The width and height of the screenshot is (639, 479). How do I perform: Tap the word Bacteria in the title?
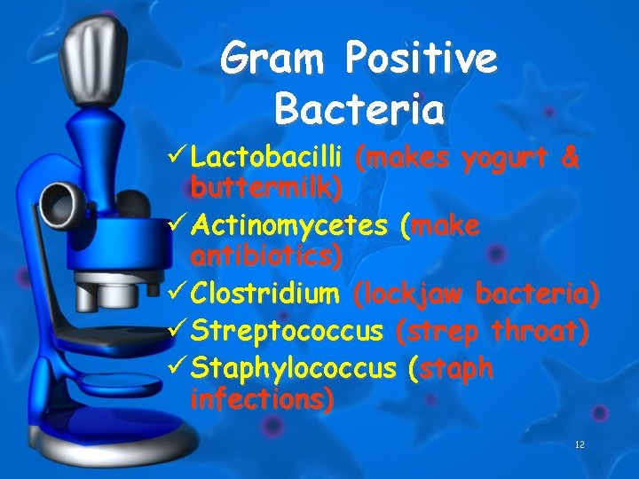tap(359, 111)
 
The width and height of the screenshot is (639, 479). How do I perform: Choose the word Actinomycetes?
tap(290, 226)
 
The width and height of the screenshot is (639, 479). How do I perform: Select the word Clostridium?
tap(265, 293)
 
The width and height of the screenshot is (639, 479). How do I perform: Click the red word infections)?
tap(263, 399)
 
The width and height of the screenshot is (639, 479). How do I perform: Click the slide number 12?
tap(579, 444)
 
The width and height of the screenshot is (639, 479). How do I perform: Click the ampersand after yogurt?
tap(570, 161)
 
